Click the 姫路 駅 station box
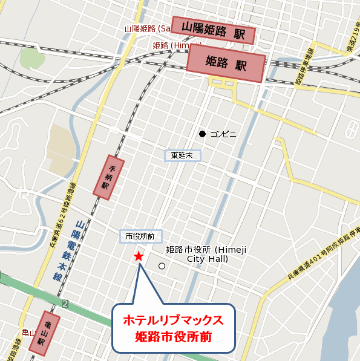point(226,63)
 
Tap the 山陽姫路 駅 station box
point(213,29)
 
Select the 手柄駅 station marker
point(108,177)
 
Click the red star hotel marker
point(139,256)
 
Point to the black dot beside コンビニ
point(203,134)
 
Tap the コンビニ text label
point(223,134)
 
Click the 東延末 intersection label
point(182,155)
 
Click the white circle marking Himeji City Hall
point(162,265)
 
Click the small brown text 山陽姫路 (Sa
point(148,28)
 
